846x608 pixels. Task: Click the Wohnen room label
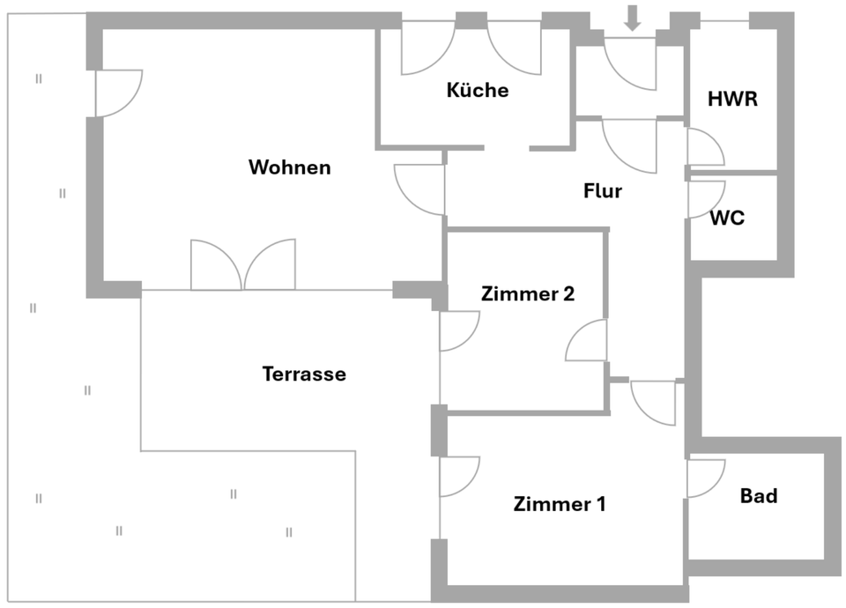pyautogui.click(x=289, y=167)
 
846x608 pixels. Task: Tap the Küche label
pyautogui.click(x=478, y=90)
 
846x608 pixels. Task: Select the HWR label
pyautogui.click(x=732, y=99)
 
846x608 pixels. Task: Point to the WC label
pyautogui.click(x=727, y=218)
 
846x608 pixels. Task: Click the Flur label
pyautogui.click(x=603, y=190)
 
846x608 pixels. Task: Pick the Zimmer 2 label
pyautogui.click(x=528, y=294)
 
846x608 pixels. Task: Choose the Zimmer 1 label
pyautogui.click(x=560, y=505)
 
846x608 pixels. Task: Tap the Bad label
pyautogui.click(x=759, y=496)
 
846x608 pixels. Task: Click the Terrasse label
pyautogui.click(x=304, y=374)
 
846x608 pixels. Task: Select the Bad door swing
pyautogui.click(x=702, y=478)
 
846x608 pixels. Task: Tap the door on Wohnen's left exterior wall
pyautogui.click(x=115, y=93)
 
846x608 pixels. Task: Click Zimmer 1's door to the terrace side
pyautogui.click(x=457, y=476)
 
